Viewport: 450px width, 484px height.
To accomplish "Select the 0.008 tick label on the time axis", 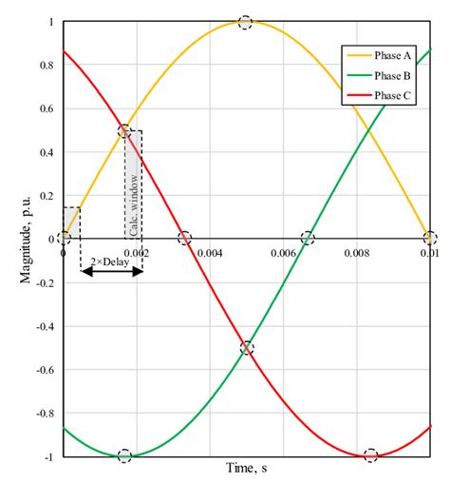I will tap(356, 254).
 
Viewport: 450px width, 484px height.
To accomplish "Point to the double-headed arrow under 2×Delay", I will tap(111, 271).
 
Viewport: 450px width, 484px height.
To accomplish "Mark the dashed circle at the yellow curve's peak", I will tap(246, 22).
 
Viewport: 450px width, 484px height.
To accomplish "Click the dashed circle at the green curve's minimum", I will tap(123, 455).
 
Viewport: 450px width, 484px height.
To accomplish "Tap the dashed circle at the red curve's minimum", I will tap(370, 455).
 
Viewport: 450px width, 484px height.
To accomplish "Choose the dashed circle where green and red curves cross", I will tap(247, 348).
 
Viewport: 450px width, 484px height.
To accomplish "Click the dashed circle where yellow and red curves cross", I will tap(123, 131).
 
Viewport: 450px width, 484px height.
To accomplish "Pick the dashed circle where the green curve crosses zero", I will tap(308, 239).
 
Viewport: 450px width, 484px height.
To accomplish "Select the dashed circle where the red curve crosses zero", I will tap(184, 239).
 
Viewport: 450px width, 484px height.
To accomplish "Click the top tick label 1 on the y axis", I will tap(51, 21).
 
